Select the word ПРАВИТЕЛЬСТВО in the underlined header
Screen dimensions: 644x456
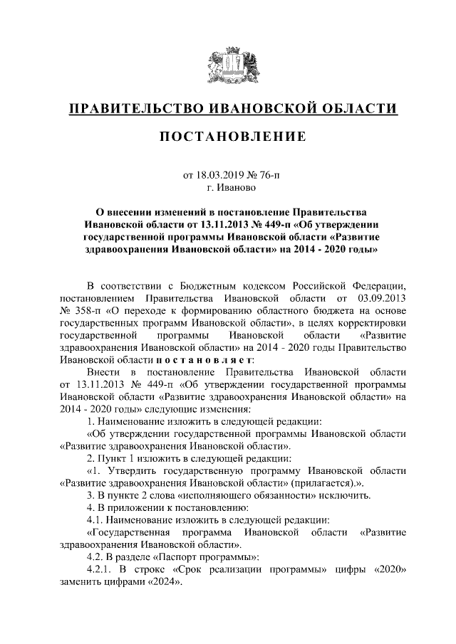(134, 108)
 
